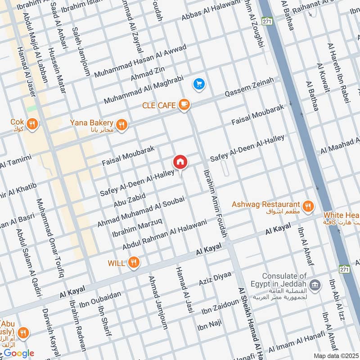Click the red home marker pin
(x=180, y=162)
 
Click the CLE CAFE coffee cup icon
(x=184, y=105)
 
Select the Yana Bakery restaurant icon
(x=121, y=123)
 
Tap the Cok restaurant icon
(x=32, y=123)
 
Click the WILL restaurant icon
(x=133, y=262)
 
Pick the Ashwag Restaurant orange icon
(x=308, y=205)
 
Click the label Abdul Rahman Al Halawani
(x=164, y=234)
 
